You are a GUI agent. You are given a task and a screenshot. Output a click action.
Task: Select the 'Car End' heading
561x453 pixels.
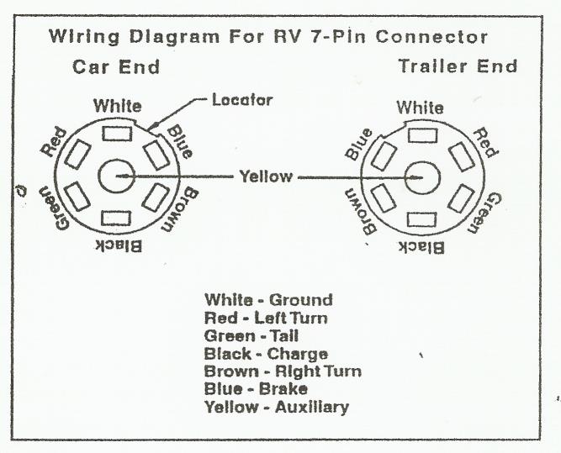pos(116,66)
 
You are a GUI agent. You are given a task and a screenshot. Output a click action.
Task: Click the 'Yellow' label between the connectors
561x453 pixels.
pos(266,176)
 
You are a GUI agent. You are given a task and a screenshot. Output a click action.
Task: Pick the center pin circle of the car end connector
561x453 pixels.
pos(115,176)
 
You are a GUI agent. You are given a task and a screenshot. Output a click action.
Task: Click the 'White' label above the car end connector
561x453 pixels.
pos(117,107)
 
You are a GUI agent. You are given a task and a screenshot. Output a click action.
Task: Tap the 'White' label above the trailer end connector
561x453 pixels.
pos(420,108)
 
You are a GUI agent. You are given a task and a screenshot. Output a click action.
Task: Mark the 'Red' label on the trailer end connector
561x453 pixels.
pos(483,143)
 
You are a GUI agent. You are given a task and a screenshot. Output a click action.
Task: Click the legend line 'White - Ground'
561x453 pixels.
pos(268,300)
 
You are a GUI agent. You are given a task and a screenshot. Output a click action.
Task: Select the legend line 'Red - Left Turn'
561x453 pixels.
pos(266,318)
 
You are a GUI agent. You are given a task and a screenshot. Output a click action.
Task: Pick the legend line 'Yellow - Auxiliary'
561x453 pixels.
pos(276,407)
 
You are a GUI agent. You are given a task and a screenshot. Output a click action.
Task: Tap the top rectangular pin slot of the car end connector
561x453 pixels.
pos(115,134)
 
